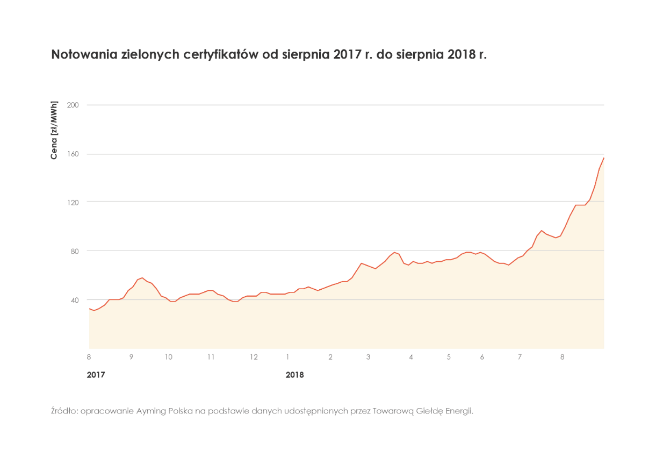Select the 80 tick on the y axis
point(74,251)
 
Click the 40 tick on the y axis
point(74,299)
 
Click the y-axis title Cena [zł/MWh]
point(54,130)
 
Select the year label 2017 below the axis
point(96,375)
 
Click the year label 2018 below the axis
point(295,375)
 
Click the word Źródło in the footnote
point(63,411)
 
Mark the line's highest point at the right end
point(604,158)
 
